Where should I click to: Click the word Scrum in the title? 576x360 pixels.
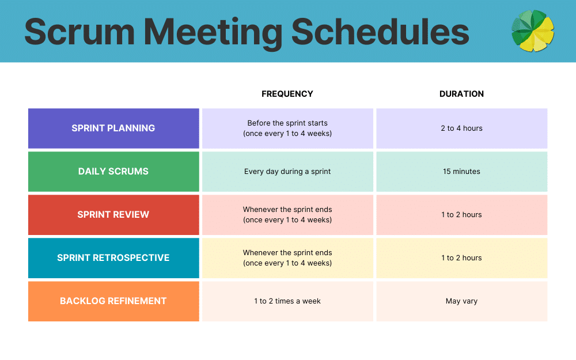coord(76,32)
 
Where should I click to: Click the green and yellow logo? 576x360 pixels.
coord(533,31)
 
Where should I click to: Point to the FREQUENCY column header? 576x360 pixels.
coord(287,94)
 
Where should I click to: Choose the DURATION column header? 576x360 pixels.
coord(461,94)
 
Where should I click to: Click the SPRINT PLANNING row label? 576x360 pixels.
coord(113,128)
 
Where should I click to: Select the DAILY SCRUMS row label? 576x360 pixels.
coord(113,172)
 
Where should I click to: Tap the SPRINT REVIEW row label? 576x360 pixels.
coord(113,215)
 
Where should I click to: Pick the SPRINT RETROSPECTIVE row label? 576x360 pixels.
coord(113,258)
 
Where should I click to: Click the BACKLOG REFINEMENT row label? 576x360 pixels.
coord(113,301)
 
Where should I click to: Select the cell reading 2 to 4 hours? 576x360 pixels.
coord(461,128)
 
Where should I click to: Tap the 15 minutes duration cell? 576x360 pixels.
coord(461,172)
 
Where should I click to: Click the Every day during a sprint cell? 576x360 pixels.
coord(287,172)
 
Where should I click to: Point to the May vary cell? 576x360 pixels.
coord(461,301)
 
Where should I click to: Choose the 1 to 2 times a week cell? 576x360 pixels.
coord(287,301)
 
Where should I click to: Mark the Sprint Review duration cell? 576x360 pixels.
coord(461,215)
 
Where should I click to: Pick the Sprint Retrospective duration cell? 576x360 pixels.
coord(461,258)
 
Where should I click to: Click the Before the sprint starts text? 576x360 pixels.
coord(287,123)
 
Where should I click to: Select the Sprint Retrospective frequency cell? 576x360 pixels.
coord(287,258)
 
